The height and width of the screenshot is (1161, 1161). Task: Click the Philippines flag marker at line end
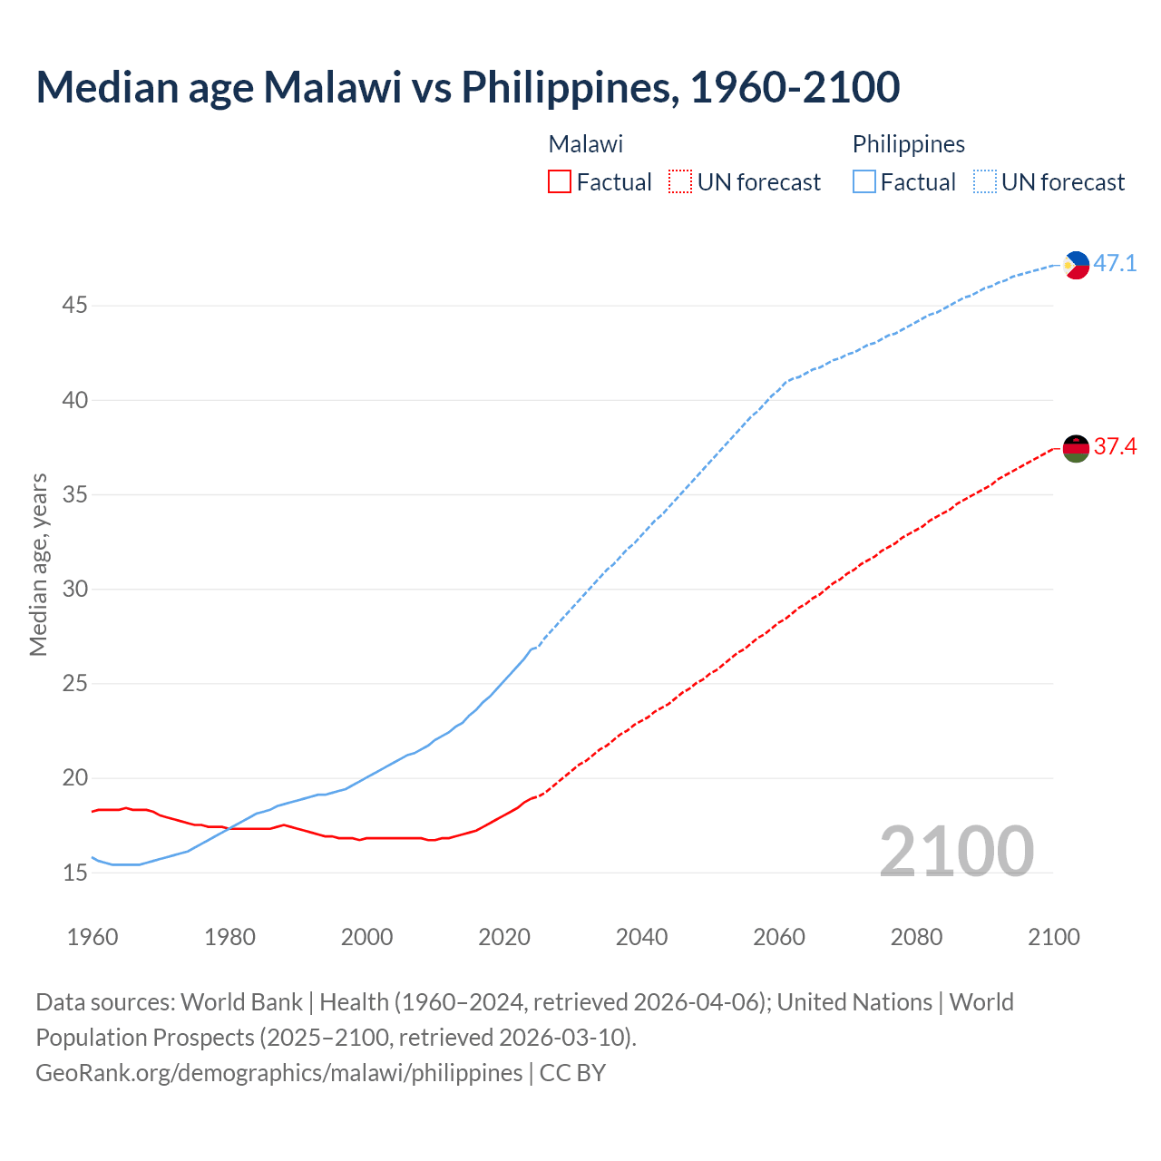(x=1076, y=265)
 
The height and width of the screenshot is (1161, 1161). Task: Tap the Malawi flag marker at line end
(x=1076, y=448)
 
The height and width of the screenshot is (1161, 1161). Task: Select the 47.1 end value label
(x=1115, y=264)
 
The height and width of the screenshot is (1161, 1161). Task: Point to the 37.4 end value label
(x=1115, y=447)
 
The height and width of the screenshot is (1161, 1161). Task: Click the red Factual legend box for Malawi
(x=560, y=182)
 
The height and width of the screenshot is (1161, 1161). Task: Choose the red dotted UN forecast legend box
(x=680, y=182)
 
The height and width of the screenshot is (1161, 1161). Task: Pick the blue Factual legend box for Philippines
(x=864, y=182)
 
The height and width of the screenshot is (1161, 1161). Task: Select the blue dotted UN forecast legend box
(x=984, y=182)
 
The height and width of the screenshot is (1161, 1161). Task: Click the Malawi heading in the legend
(x=586, y=144)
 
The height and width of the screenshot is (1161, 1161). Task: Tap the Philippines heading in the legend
(x=908, y=144)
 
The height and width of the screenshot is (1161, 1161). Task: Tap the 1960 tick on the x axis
(x=93, y=937)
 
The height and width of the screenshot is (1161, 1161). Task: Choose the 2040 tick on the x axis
(x=641, y=937)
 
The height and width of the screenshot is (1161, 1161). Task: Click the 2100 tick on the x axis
(x=1053, y=937)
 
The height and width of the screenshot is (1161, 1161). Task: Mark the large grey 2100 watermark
(x=956, y=851)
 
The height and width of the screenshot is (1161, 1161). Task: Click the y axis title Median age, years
(x=38, y=564)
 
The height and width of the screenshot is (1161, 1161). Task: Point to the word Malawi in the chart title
(x=332, y=87)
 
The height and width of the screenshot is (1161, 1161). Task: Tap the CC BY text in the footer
(x=572, y=1073)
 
